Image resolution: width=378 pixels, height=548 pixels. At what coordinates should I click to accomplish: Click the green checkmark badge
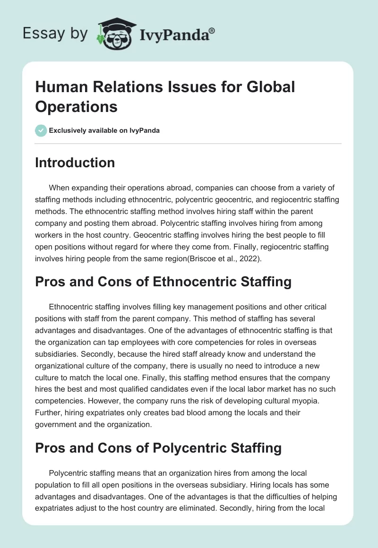(x=41, y=130)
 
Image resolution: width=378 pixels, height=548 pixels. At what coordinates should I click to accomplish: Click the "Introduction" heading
(x=75, y=163)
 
